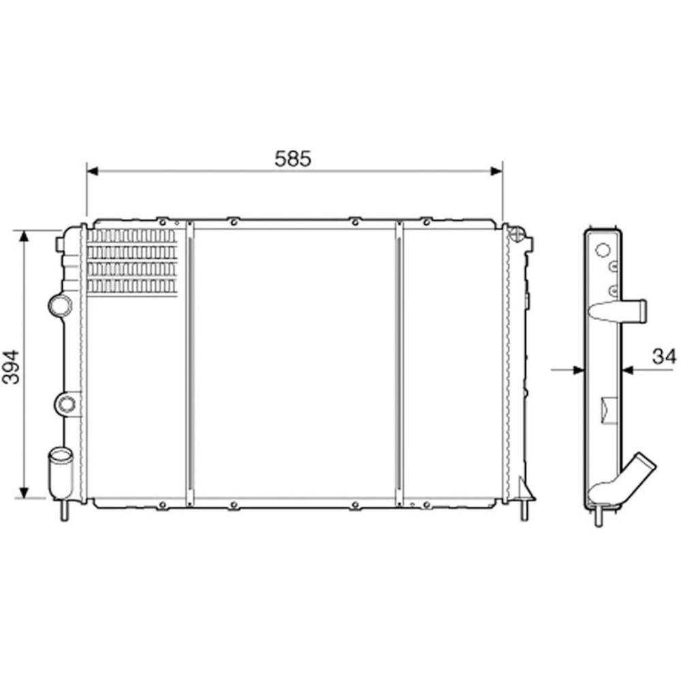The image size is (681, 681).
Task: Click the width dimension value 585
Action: click(293, 159)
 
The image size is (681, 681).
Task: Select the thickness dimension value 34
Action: click(664, 355)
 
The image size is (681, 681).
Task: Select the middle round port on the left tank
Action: click(66, 404)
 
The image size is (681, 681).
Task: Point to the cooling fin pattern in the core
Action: click(132, 262)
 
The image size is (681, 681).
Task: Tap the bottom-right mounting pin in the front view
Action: click(525, 511)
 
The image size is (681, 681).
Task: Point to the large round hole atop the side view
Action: click(601, 250)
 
